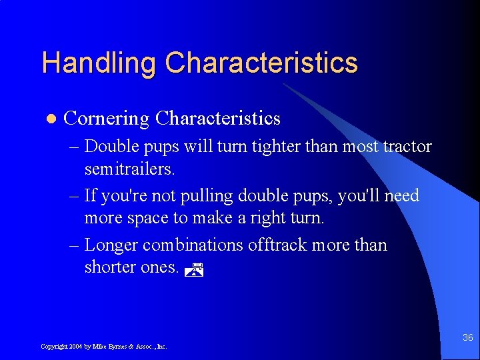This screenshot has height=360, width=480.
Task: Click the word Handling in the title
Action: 99,63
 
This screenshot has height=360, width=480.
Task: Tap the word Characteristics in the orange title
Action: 261,63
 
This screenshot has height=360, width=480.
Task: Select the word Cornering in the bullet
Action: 106,119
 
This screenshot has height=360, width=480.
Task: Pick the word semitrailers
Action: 129,169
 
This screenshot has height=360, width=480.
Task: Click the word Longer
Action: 111,245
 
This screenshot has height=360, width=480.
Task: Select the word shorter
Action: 110,268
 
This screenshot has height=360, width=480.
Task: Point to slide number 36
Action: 468,338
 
